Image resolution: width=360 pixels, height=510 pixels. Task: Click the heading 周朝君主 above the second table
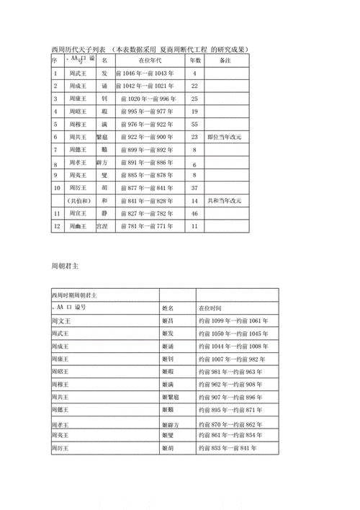65,265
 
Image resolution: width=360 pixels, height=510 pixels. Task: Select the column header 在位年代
150,61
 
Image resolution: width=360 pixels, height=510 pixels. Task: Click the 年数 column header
194,61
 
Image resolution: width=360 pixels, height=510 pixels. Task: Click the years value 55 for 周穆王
194,124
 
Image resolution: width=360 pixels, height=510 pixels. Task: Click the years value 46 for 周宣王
194,213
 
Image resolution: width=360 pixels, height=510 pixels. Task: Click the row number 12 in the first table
56,226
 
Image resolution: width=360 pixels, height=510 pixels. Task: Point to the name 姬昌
168,320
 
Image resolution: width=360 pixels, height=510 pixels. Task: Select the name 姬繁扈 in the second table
171,397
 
